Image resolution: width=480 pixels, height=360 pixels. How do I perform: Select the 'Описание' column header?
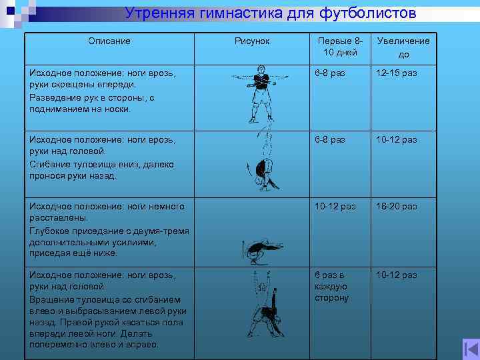click(109, 41)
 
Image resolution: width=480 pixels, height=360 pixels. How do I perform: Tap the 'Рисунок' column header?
click(252, 41)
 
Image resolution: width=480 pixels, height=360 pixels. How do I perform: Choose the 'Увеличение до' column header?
click(403, 47)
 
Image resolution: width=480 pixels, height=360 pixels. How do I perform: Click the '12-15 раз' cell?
click(396, 73)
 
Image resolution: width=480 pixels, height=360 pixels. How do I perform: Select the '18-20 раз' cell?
click(396, 207)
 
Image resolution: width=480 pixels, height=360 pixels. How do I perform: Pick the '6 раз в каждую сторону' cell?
click(331, 286)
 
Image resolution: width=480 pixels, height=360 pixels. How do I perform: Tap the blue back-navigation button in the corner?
click(471, 348)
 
